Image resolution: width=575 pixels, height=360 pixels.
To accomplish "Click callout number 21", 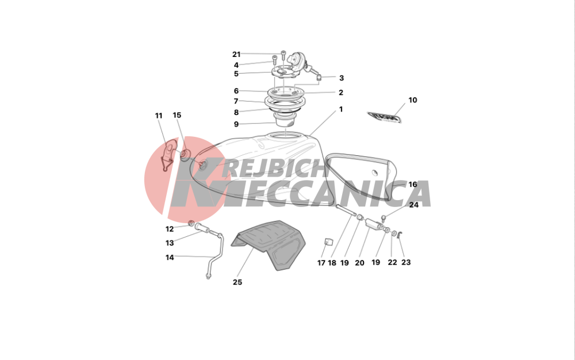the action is (236, 54).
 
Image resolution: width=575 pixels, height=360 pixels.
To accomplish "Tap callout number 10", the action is (412, 100).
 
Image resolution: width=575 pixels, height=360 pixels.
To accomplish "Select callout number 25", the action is (237, 282).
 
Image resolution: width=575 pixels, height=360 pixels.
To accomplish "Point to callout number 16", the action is (413, 185).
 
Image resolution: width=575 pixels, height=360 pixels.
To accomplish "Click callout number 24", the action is (413, 205).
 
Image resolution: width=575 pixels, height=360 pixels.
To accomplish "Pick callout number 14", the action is (170, 258).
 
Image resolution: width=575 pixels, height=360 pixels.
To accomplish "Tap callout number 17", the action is (321, 262).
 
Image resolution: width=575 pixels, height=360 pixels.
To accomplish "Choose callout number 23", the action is (406, 262).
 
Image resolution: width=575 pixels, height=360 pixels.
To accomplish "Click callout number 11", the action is (159, 116).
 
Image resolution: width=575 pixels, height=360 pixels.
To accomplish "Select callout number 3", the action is (342, 78).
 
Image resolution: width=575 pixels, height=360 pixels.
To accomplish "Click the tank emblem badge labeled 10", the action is (384, 117).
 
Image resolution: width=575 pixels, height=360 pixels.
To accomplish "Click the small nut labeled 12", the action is (191, 223).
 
